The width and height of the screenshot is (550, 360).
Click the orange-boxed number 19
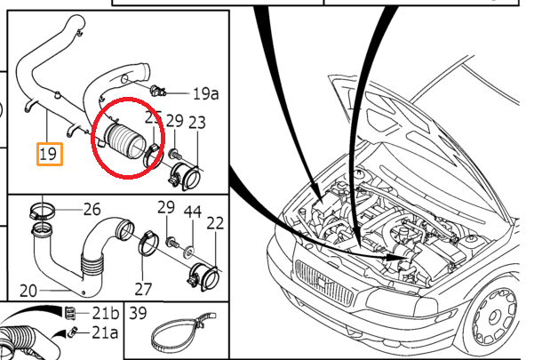[49, 154]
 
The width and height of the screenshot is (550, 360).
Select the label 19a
[205, 92]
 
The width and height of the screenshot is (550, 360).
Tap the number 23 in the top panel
[197, 122]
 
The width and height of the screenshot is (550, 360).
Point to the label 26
[92, 210]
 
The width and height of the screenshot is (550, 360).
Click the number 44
[192, 213]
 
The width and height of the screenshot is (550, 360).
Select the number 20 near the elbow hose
[29, 289]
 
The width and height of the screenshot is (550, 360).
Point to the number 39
[138, 312]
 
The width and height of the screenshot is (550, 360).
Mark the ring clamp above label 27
[148, 244]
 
